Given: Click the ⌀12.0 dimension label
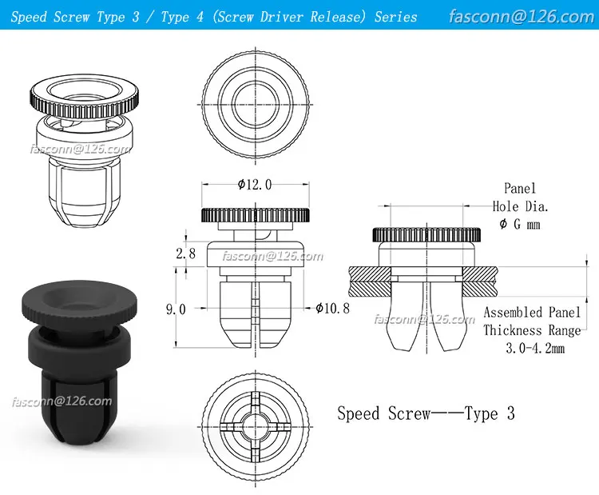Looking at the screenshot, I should (x=255, y=185).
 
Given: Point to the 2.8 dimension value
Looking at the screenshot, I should (x=185, y=254).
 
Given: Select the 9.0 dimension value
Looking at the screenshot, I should (x=177, y=309).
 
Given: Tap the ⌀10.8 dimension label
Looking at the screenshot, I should (x=332, y=308).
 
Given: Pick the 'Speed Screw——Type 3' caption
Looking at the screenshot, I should (x=426, y=413).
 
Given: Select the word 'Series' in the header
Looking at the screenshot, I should (x=395, y=16).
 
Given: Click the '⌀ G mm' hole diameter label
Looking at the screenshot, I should (x=520, y=224).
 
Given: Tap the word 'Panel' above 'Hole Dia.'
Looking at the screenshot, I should (x=520, y=189).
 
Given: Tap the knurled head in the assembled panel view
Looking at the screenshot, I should (x=426, y=235).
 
